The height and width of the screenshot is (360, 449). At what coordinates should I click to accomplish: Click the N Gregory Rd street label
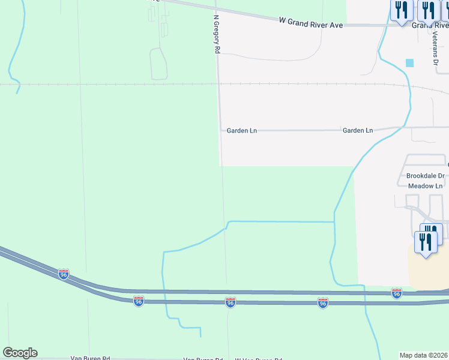[215, 35]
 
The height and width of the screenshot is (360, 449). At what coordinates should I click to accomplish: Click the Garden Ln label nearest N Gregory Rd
[241, 130]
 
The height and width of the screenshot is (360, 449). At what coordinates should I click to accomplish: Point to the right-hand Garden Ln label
[358, 130]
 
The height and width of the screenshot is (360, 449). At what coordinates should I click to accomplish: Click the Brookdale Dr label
[425, 176]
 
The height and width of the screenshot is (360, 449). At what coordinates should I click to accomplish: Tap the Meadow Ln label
[425, 186]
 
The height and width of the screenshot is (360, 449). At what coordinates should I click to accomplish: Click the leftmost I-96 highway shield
[64, 274]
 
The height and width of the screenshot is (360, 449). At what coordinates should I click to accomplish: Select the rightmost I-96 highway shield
[396, 293]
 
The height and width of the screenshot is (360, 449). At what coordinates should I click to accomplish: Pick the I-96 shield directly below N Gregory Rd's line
[230, 302]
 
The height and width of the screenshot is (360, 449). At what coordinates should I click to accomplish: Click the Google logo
[20, 353]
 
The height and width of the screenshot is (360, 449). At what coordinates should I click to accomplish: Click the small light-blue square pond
[410, 63]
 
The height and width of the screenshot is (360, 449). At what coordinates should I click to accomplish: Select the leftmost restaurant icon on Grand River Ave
[400, 11]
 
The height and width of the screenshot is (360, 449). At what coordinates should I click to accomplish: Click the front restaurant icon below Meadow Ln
[426, 243]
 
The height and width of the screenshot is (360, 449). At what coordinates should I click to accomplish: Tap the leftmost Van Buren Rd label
[91, 358]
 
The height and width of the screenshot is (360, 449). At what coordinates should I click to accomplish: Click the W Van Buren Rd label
[259, 359]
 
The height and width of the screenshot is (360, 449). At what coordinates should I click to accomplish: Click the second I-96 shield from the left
[139, 300]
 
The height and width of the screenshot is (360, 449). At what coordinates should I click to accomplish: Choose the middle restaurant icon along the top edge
[428, 11]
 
